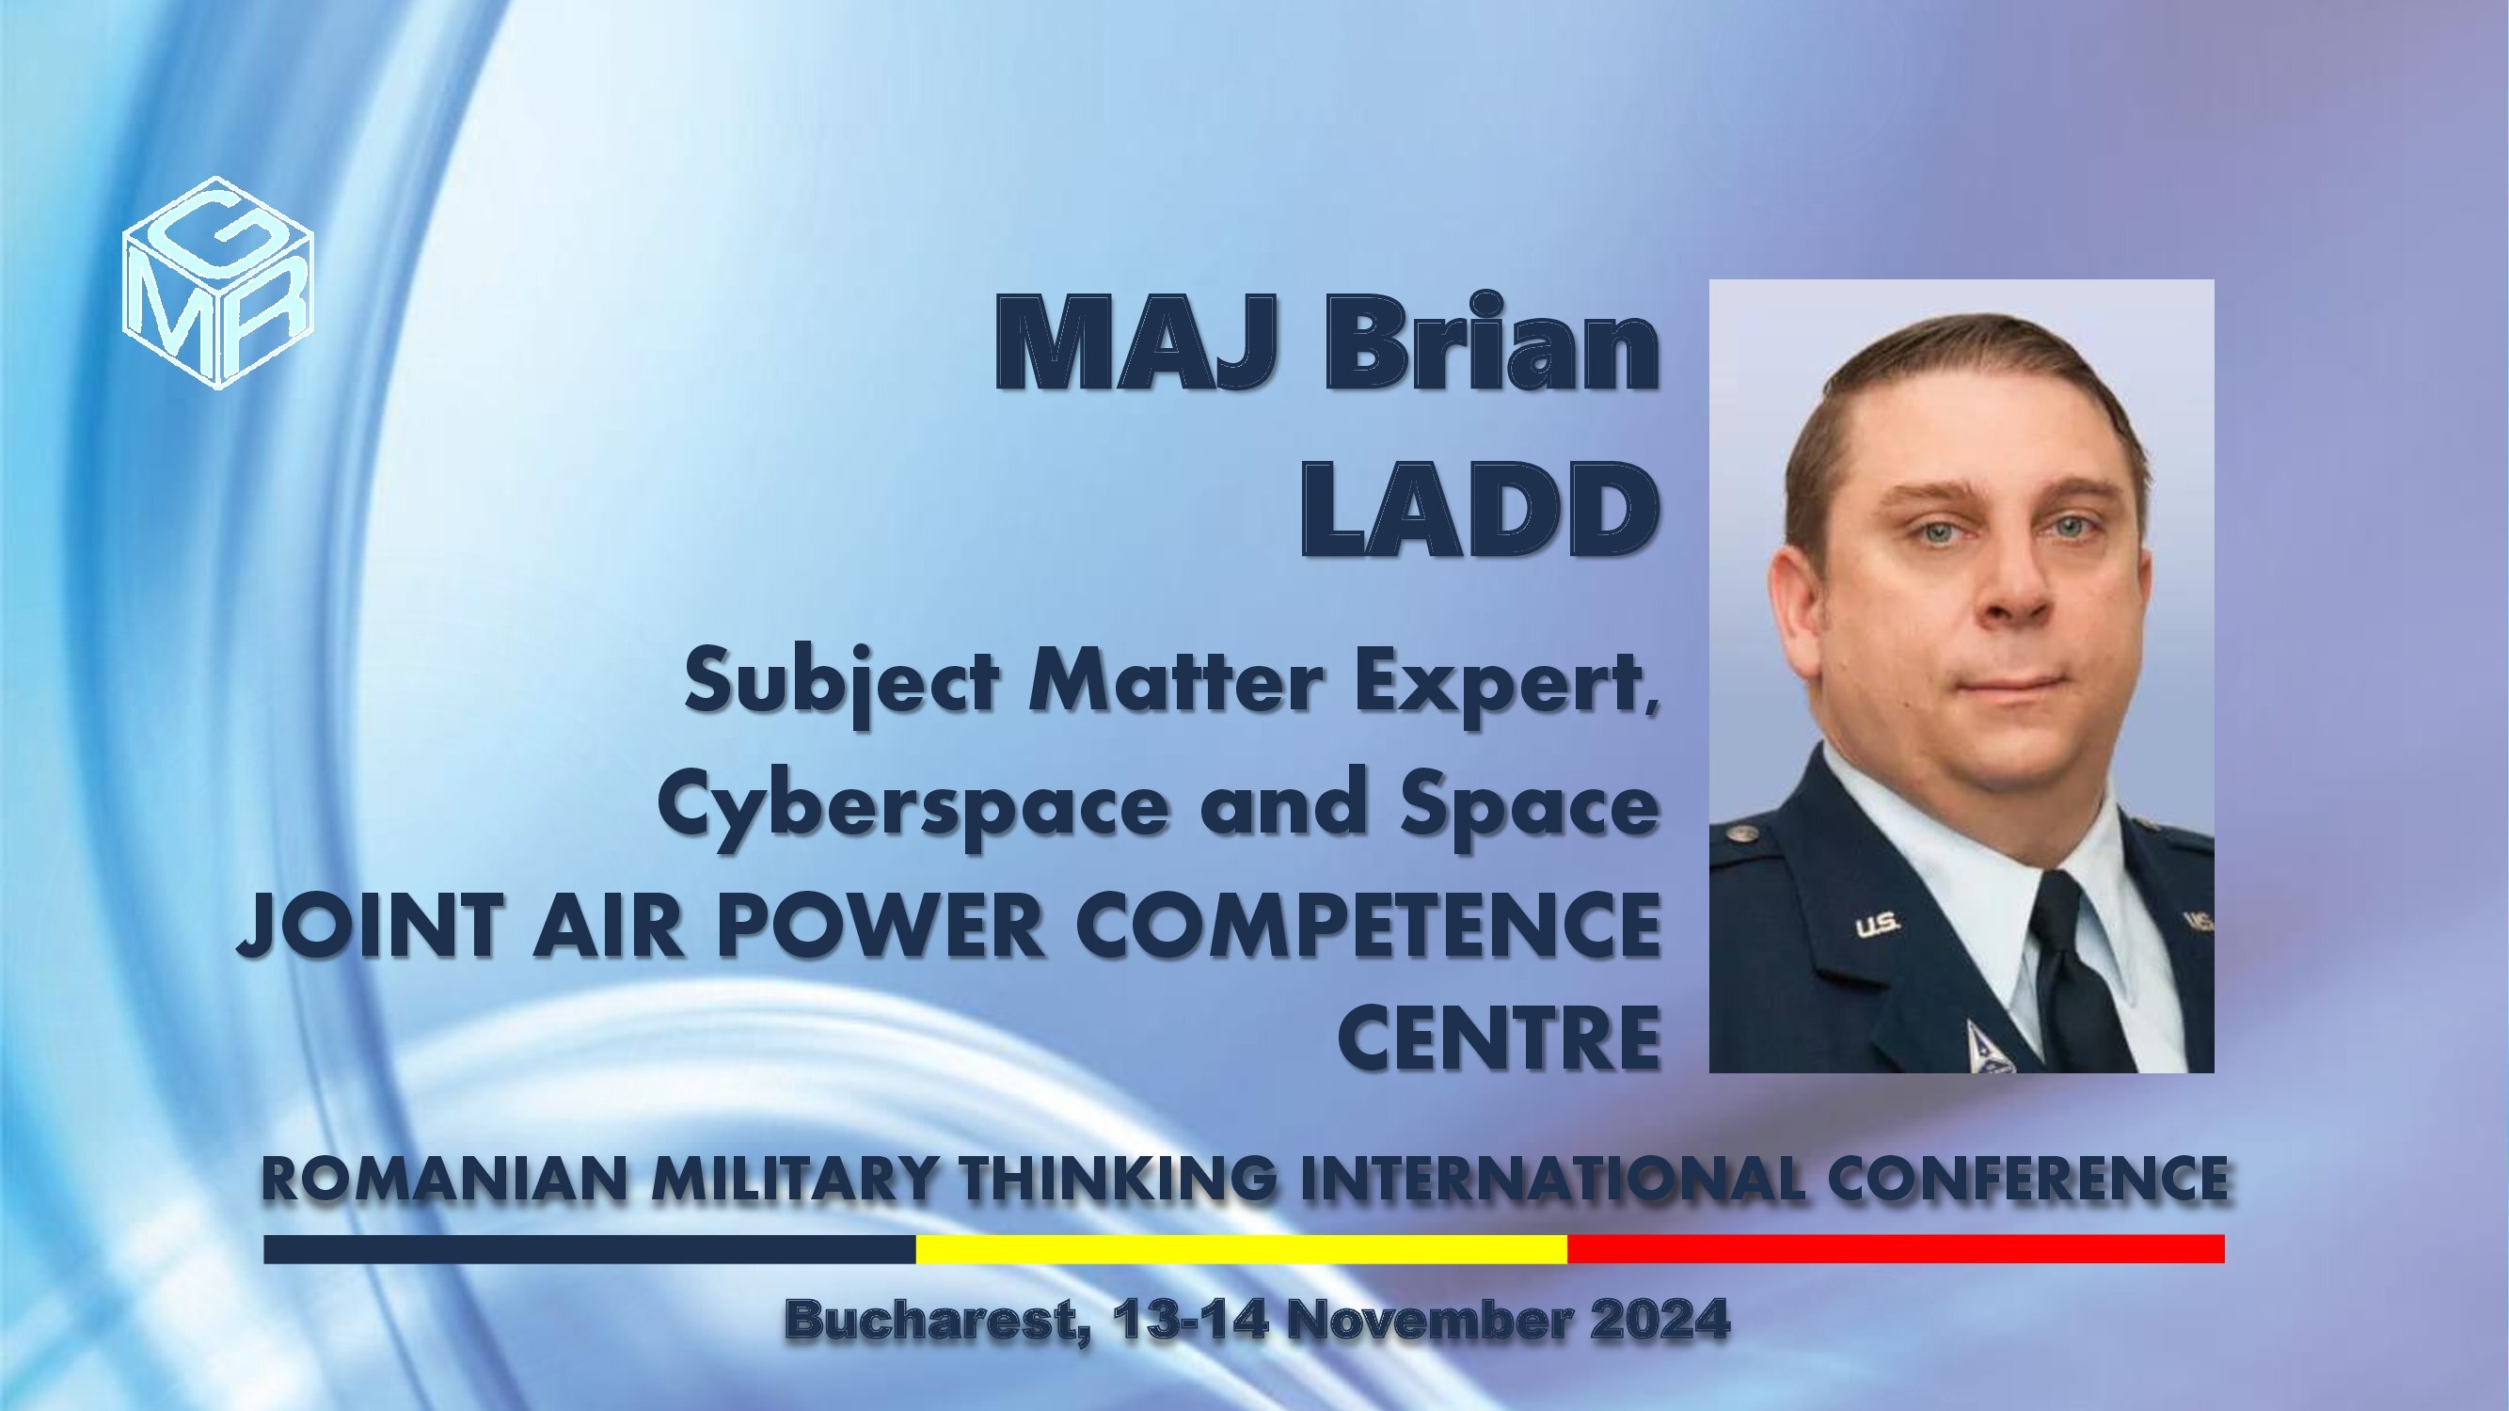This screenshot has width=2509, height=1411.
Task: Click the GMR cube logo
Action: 218,282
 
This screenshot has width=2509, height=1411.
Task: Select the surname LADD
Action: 1481,509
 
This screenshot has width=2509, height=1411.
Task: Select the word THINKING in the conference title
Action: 1118,1179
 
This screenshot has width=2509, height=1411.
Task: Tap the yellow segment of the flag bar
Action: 1242,1249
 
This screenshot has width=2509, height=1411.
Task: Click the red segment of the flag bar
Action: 1897,1249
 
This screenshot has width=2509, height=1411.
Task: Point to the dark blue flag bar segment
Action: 589,1249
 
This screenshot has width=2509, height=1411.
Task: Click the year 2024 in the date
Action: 1659,1321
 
